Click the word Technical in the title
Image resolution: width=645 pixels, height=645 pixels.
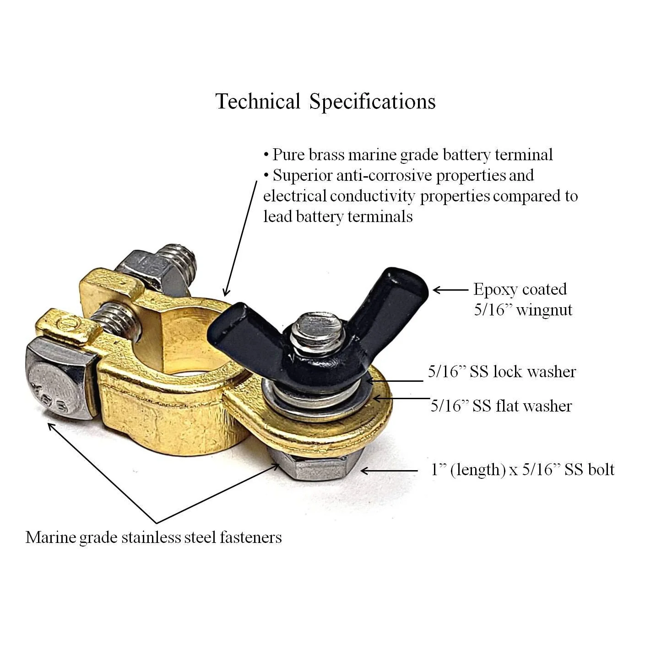click(x=258, y=101)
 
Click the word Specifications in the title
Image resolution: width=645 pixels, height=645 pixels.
click(x=372, y=102)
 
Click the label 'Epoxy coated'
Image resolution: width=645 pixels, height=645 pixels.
click(x=520, y=289)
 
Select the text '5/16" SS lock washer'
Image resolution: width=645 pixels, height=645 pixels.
click(x=502, y=372)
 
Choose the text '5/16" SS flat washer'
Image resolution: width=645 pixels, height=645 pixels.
click(x=501, y=406)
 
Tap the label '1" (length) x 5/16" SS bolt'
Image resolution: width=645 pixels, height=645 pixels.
click(x=522, y=470)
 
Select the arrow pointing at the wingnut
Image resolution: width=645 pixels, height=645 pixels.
click(x=451, y=290)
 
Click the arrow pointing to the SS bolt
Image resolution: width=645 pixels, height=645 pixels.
click(x=389, y=471)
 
